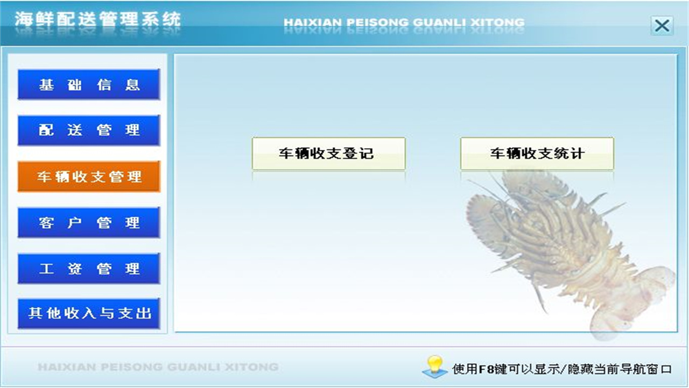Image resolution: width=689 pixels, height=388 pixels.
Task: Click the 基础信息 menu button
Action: point(89,85)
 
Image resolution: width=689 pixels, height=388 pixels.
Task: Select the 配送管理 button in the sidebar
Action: point(89,130)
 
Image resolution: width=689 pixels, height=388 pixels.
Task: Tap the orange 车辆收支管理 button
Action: point(89,177)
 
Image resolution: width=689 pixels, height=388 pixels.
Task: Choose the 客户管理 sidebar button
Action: point(89,223)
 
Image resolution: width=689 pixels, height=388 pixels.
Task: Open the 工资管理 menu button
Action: point(89,268)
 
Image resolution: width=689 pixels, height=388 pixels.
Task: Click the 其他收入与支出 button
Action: point(89,313)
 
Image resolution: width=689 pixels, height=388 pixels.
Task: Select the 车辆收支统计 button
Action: point(537,154)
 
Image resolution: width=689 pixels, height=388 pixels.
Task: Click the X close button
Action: point(662,25)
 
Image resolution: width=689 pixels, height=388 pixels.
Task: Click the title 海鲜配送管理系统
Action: point(97,20)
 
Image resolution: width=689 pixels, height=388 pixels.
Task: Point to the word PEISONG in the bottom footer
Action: point(132,368)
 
